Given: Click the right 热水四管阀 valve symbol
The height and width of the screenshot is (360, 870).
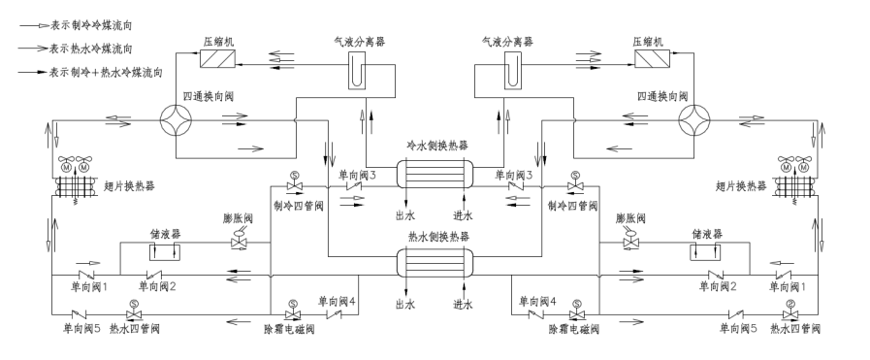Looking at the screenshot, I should pyautogui.click(x=790, y=314).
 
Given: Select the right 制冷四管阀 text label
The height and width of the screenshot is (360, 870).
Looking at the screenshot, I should pyautogui.click(x=567, y=206).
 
